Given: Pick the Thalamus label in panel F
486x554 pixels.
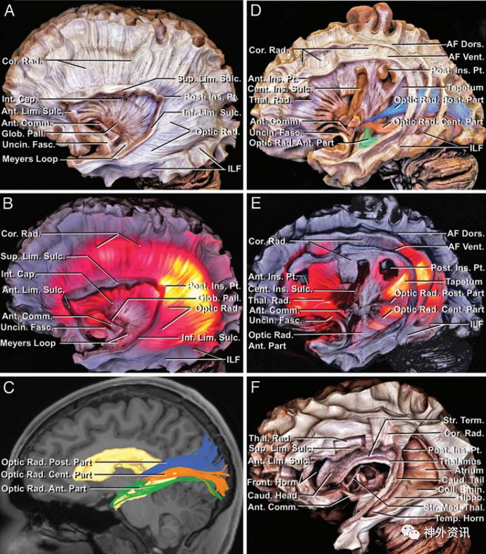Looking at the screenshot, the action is pyautogui.click(x=463, y=461).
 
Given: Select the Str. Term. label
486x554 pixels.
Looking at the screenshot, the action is pyautogui.click(x=463, y=420).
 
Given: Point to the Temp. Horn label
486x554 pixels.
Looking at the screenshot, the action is pyautogui.click(x=461, y=518).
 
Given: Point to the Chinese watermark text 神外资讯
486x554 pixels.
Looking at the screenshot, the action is pyautogui.click(x=447, y=532).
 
